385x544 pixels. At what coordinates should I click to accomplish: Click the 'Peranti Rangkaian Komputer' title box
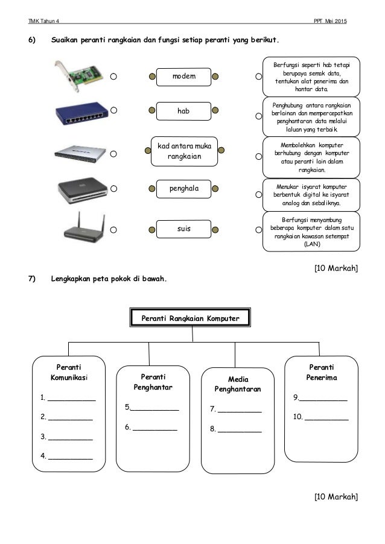click(190, 317)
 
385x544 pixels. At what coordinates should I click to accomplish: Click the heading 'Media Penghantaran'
click(238, 384)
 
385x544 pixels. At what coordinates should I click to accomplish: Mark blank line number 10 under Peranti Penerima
click(326, 417)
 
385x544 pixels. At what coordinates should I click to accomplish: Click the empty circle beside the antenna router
click(113, 229)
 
